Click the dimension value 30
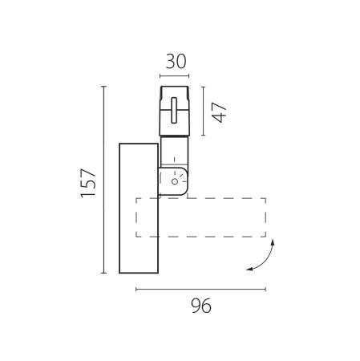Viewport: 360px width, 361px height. point(176,62)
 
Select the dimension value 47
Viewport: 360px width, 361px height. point(219,112)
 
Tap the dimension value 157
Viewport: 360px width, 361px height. point(88,183)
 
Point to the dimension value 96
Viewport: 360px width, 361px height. point(201,306)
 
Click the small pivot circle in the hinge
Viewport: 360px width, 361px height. point(175,181)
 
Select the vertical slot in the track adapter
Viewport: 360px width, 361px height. point(174,110)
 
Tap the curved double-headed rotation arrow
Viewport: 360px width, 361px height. point(265,261)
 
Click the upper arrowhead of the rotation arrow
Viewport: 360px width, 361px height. point(273,242)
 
